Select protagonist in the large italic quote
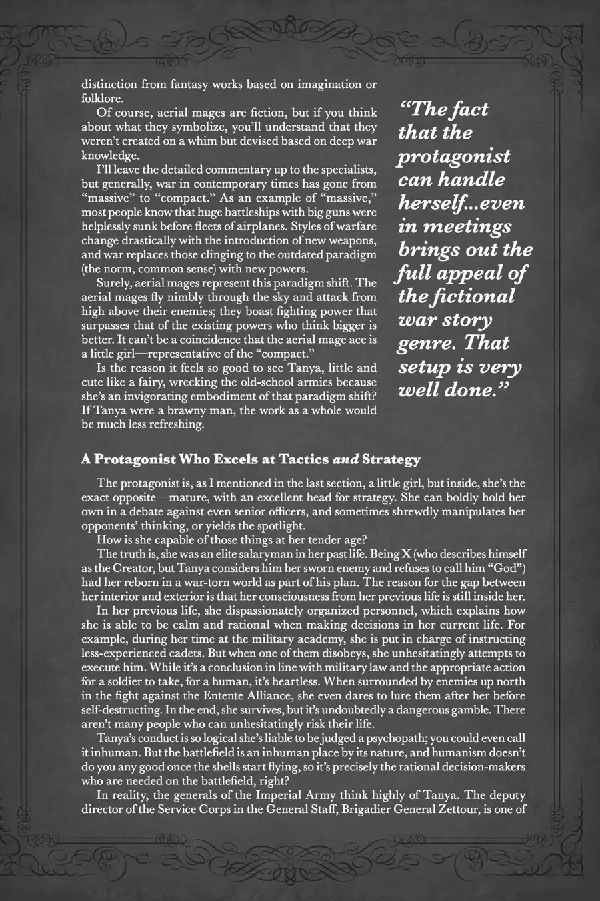(x=454, y=156)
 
